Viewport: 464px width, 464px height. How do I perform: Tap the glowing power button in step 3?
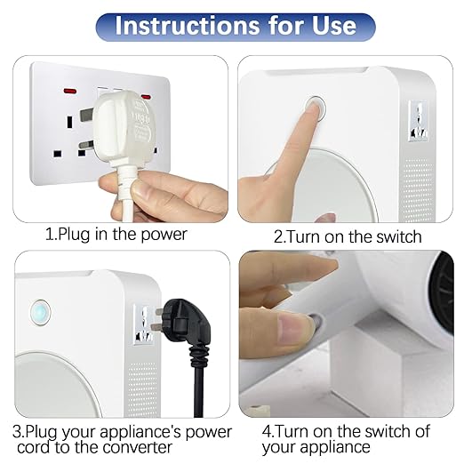40,313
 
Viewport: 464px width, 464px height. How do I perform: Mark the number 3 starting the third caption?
17,432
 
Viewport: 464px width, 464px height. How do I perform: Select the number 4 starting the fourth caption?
266,432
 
